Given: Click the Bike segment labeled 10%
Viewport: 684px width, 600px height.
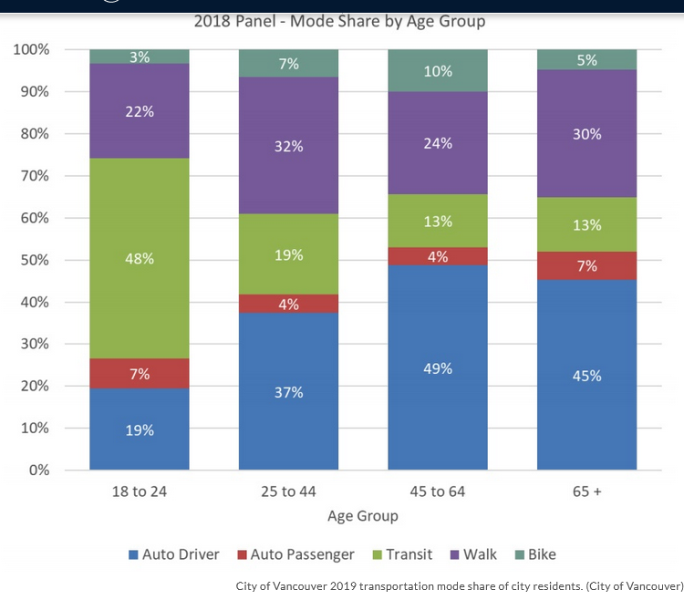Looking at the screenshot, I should (438, 70).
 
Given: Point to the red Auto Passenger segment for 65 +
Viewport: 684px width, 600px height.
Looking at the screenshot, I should (586, 265).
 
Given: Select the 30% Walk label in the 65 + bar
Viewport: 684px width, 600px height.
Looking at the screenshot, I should (586, 134).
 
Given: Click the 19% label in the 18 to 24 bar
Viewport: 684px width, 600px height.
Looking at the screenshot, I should (140, 429).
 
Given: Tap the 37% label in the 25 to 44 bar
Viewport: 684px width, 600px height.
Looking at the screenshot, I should (288, 392).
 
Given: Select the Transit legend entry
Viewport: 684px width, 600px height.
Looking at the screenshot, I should (399, 554).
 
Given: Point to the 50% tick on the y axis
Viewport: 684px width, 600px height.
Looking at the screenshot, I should (36, 260).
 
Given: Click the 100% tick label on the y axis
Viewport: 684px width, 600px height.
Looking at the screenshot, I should (32, 49).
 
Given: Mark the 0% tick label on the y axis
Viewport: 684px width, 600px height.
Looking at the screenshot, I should (39, 471).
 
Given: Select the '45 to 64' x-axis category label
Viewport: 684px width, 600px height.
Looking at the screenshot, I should (438, 492).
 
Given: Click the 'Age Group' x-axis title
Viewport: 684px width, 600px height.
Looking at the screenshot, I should (363, 516).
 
